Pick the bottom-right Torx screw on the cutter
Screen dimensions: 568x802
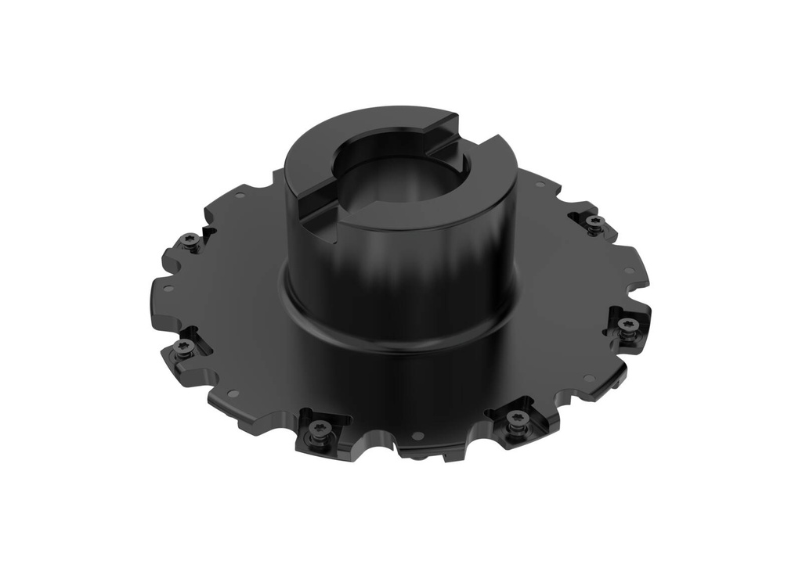tap(516, 418)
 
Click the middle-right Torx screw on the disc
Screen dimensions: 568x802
tap(625, 324)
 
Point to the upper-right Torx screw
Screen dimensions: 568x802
tap(594, 222)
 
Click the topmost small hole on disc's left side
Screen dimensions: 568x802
tap(240, 195)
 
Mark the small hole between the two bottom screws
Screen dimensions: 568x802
tap(417, 435)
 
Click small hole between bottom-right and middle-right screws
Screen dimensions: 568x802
tap(589, 378)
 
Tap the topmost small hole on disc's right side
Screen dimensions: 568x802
tap(540, 185)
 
